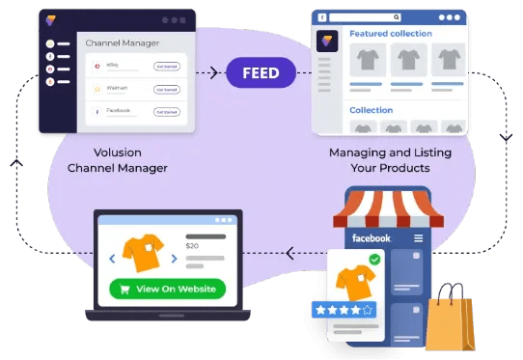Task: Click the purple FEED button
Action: click(x=261, y=72)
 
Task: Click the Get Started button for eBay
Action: click(x=166, y=65)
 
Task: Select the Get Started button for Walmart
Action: click(x=166, y=89)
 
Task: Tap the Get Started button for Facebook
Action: click(x=166, y=112)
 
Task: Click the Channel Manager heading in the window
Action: click(x=123, y=42)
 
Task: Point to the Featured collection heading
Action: click(x=391, y=34)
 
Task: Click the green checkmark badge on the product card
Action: click(x=374, y=260)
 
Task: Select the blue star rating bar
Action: click(x=344, y=310)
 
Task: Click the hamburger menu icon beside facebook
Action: click(x=418, y=238)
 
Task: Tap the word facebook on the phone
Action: click(x=372, y=238)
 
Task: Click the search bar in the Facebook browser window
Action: click(x=366, y=17)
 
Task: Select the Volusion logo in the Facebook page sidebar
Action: click(x=325, y=41)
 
